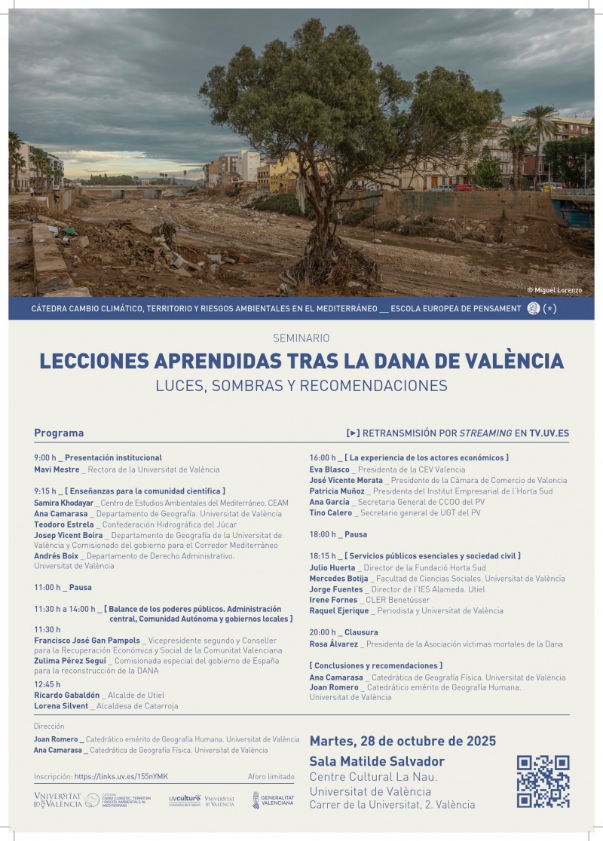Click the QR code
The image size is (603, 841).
[x=543, y=781]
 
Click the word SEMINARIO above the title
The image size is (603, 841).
[x=301, y=338]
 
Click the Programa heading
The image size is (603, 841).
[x=59, y=433]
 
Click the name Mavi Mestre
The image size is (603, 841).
[x=57, y=469]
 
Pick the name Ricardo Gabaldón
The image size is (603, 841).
[x=66, y=695]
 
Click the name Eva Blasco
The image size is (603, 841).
[x=329, y=469]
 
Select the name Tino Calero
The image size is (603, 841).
[x=330, y=513]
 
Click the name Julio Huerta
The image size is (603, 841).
[x=332, y=568]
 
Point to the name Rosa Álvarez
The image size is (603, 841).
[x=334, y=644]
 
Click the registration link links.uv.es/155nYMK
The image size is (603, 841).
[x=121, y=777]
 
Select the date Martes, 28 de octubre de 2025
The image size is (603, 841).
[x=403, y=742]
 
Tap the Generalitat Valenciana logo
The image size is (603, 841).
[x=273, y=800]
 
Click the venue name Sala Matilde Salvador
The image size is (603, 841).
[x=377, y=762]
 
